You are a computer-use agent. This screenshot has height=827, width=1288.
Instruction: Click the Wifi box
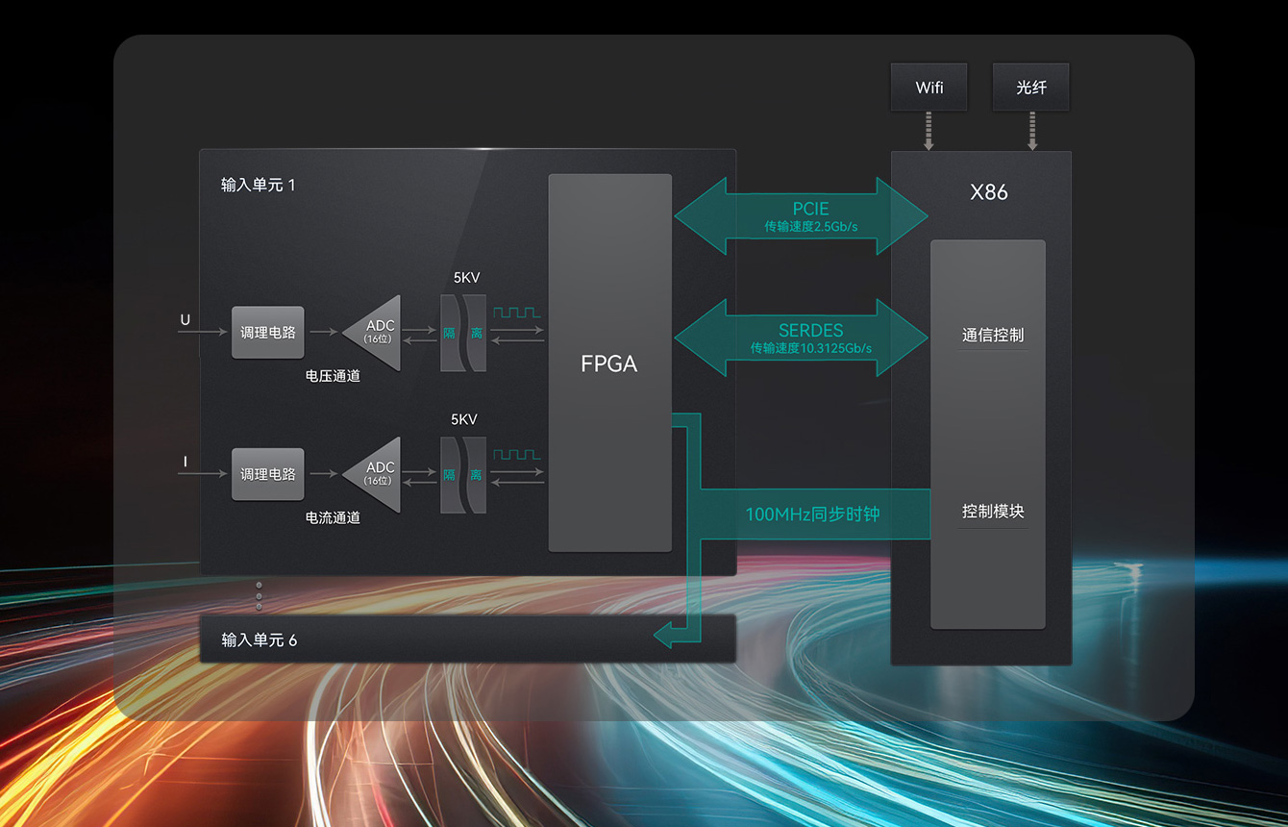pos(929,88)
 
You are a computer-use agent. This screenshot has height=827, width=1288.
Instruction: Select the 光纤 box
pos(1030,88)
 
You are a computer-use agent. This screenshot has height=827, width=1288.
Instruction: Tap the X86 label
pos(989,192)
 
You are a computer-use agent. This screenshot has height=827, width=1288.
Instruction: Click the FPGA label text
pos(608,363)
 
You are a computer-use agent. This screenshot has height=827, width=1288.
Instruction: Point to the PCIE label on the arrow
pos(810,209)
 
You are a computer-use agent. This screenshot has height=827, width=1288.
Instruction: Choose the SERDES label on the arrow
pos(810,331)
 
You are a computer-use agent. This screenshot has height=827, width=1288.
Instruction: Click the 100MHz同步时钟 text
pos(812,514)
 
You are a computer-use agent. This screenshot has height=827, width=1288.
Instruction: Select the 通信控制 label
pos(992,336)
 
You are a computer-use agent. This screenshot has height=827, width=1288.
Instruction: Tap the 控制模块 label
pos(992,512)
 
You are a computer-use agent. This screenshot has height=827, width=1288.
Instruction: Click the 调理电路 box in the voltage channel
pos(267,333)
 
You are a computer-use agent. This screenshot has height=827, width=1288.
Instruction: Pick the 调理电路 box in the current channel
pos(267,474)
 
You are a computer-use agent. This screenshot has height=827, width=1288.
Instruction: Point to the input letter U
pos(185,320)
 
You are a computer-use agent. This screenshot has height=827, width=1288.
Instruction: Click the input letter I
pos(185,463)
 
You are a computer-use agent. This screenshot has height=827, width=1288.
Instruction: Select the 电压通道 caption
pos(333,376)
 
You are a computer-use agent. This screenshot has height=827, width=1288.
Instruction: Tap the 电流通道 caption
pos(333,517)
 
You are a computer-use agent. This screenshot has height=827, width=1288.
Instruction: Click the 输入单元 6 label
pos(259,640)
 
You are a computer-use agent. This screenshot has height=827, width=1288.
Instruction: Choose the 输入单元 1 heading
pos(258,185)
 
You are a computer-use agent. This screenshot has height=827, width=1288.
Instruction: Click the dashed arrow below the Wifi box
pos(929,131)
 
